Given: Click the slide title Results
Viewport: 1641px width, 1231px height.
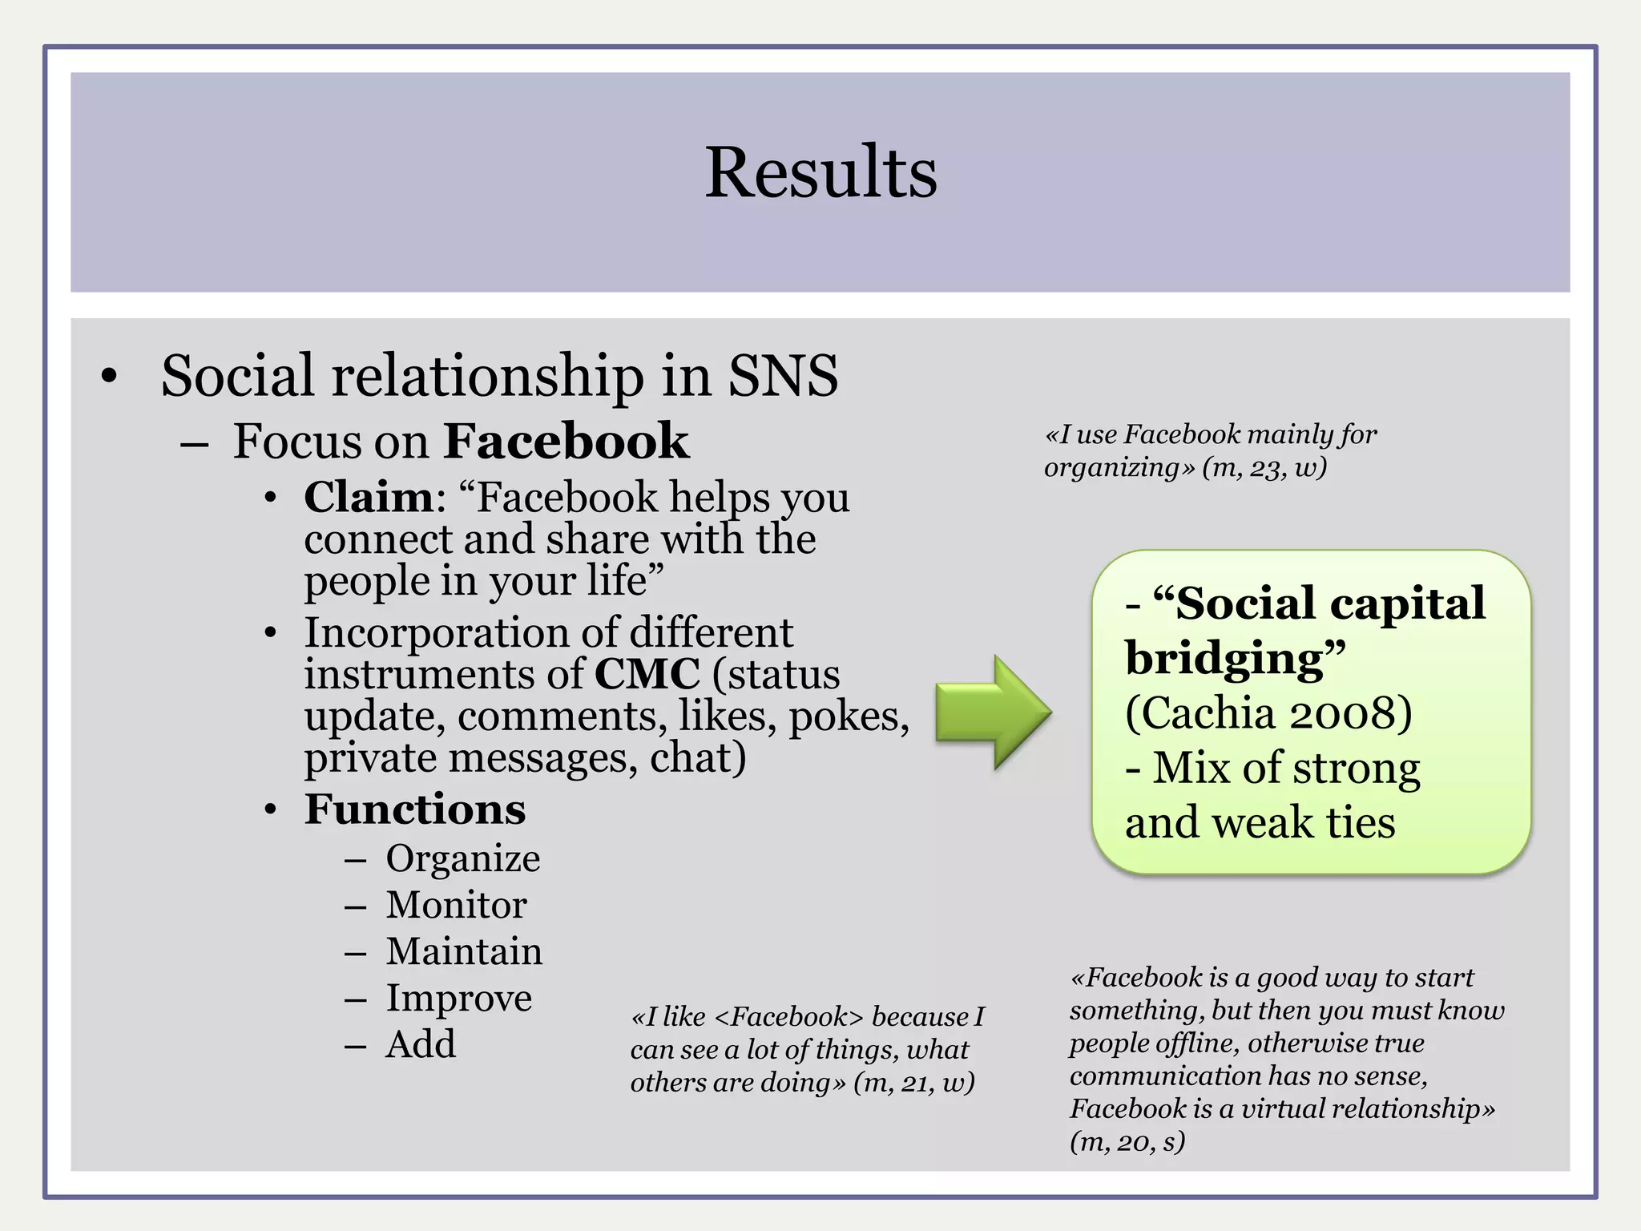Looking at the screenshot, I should click(x=820, y=173).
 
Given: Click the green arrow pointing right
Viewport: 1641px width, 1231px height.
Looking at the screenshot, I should click(x=992, y=712).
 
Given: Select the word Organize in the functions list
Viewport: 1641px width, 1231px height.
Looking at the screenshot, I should click(x=463, y=858).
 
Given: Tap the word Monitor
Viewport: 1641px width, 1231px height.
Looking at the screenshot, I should click(x=456, y=905).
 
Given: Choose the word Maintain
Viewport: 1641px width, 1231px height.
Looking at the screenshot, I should click(x=464, y=951).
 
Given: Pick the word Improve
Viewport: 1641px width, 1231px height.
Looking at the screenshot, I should click(x=458, y=999).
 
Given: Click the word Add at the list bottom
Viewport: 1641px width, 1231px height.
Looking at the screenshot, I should click(x=421, y=1044).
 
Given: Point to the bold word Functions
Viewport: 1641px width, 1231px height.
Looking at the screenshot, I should click(x=415, y=809).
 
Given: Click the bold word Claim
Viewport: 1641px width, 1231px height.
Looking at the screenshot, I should click(x=369, y=497).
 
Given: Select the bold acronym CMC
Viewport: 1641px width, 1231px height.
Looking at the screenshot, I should click(x=647, y=674).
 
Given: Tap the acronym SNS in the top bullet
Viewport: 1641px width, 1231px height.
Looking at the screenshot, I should click(x=782, y=375).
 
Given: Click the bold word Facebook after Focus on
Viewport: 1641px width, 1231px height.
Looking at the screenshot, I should click(x=566, y=441).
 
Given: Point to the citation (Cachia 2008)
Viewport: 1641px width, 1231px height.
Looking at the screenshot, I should click(x=1268, y=712).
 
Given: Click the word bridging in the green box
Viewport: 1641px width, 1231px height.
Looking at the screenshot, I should click(x=1225, y=659).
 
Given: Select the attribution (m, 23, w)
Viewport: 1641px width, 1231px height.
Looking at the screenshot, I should click(x=1264, y=467).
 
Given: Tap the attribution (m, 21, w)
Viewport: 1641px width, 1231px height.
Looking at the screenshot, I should click(x=913, y=1083).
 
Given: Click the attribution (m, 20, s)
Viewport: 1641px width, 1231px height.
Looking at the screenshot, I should click(x=1127, y=1141).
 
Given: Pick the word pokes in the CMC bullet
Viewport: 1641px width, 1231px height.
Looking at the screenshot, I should click(x=849, y=716).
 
